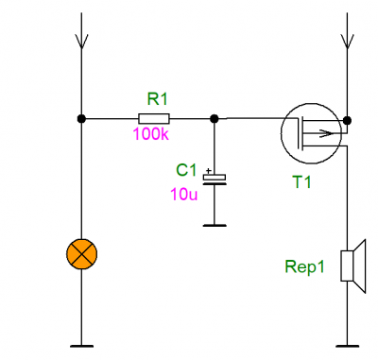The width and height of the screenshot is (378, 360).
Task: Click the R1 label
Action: pos(158,99)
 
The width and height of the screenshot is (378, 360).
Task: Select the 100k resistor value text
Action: pos(150,134)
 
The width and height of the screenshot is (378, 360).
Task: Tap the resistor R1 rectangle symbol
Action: pos(154,119)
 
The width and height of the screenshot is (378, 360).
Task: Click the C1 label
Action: pos(186,170)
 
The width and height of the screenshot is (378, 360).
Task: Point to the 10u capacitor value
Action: pos(184,194)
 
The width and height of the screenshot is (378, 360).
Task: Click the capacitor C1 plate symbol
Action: pos(215,179)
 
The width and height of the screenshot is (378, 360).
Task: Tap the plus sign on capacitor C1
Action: pos(208,171)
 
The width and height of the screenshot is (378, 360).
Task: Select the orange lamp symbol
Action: pos(81,254)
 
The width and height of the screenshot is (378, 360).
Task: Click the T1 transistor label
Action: pos(301,181)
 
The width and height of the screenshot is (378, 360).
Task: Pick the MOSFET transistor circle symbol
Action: pos(281,133)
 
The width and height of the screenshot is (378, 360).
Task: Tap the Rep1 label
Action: pos(304,266)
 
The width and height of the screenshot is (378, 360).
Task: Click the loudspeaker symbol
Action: pos(353,266)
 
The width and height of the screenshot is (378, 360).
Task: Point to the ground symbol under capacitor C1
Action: pos(215,225)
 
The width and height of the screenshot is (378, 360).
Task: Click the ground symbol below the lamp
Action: pos(81,346)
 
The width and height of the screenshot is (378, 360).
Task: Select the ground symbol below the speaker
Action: pos(347,346)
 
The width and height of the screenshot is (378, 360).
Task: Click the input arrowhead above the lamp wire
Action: pos(81,41)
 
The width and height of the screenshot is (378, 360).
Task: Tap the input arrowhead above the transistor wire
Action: pos(347,41)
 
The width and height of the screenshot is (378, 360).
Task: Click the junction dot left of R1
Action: pos(81,119)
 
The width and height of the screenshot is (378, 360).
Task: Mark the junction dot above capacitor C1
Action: pos(215,119)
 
